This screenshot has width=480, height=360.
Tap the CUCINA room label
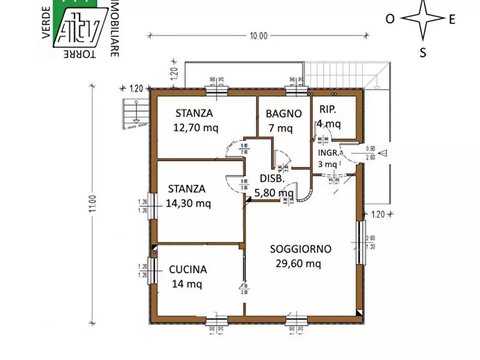coord(188,270)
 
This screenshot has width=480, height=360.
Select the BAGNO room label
coord(284,113)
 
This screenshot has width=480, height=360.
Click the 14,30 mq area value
coord(188,203)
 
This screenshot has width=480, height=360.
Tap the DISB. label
coord(272,178)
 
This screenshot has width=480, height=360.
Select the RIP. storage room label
coord(327,109)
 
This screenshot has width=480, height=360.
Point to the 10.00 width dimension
coord(258,36)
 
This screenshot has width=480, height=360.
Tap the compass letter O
coord(390,19)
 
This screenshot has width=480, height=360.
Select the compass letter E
coord(452,19)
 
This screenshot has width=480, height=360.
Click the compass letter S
coord(423,52)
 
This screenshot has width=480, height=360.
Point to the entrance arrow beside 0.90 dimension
coord(383,153)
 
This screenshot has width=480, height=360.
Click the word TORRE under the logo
coord(79,55)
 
